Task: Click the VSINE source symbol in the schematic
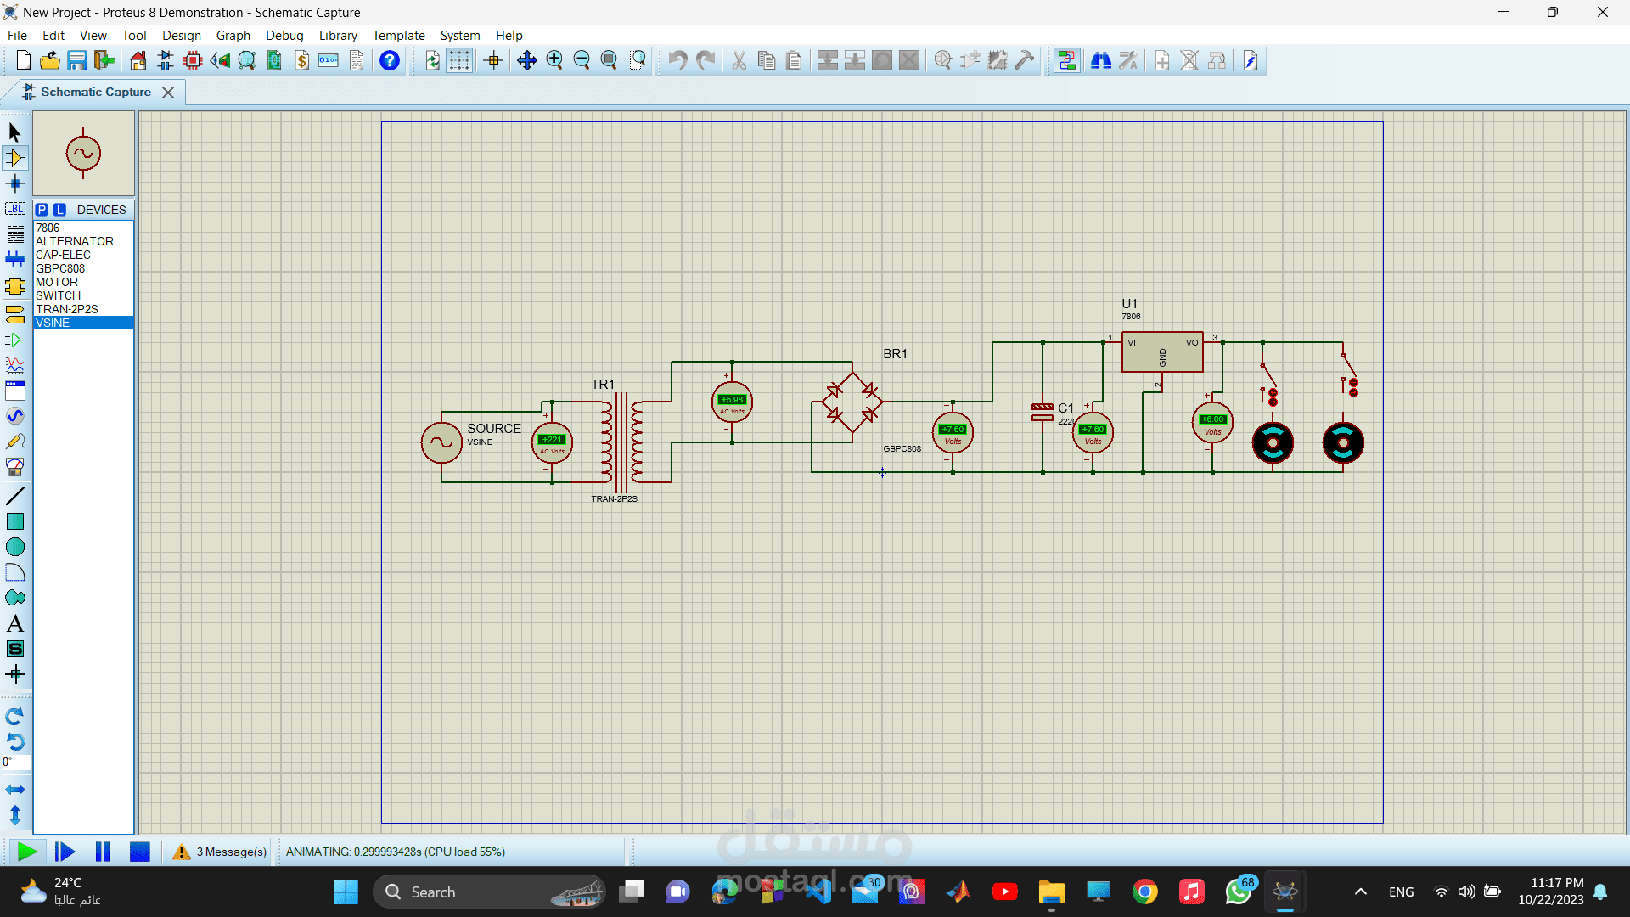[441, 442]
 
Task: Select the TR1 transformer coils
[622, 438]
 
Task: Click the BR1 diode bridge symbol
[852, 402]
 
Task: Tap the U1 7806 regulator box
[1161, 352]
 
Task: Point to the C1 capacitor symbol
[1043, 413]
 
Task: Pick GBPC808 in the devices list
[60, 268]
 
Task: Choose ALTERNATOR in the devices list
[75, 241]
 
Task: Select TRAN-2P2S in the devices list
[67, 309]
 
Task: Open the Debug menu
[284, 36]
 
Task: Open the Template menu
[398, 36]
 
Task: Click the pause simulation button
[103, 852]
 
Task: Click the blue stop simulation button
[140, 852]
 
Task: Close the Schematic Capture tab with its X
[168, 93]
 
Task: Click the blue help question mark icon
[390, 61]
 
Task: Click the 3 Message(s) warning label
[231, 852]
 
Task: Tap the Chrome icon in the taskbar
[1144, 892]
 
